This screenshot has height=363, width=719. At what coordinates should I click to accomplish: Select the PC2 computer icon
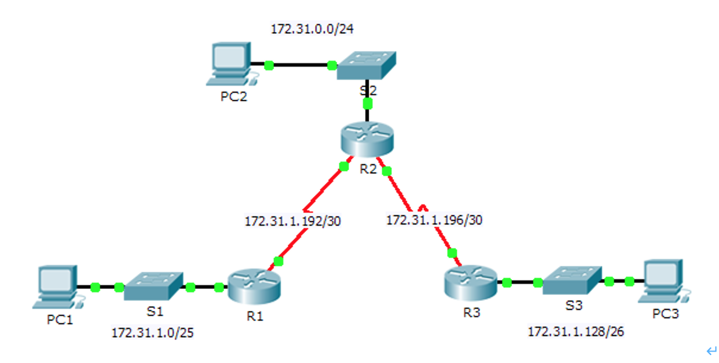click(229, 63)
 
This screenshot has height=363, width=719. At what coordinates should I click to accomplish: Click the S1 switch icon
click(154, 286)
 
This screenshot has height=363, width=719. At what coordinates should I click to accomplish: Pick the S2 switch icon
click(366, 64)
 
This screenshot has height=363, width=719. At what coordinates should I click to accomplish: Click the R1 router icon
click(254, 287)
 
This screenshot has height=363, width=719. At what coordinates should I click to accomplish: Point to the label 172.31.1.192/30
click(293, 222)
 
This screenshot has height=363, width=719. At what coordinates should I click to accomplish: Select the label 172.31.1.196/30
click(434, 220)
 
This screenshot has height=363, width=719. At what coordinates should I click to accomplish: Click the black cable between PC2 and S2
click(300, 65)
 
